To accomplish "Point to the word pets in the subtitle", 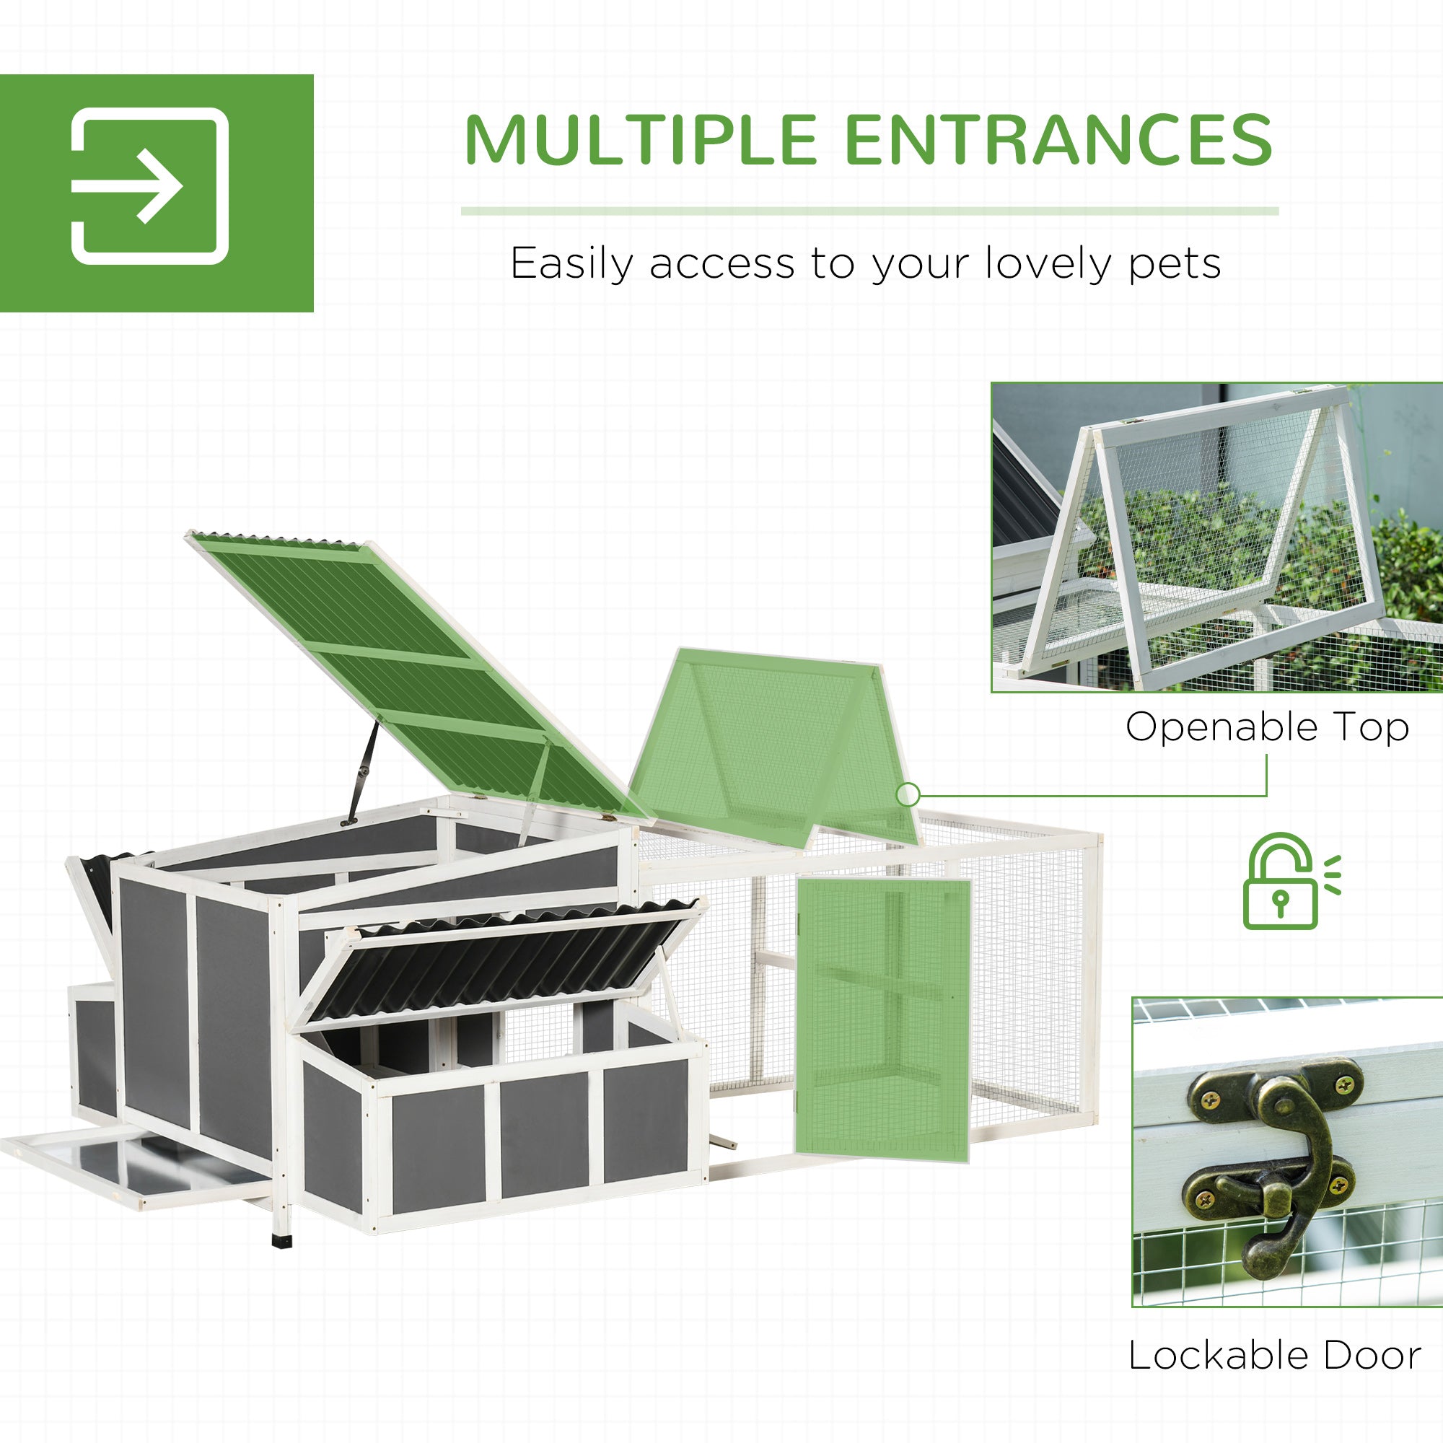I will tap(1174, 263).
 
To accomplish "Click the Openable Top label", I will tap(1267, 727).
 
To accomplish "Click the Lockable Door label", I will tap(1274, 1356).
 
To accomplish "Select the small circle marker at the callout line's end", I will tap(908, 794).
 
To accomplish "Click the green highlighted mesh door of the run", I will tap(882, 1019).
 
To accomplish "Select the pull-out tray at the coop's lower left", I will tap(134, 1169).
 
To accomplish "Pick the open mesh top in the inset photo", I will tap(1210, 538).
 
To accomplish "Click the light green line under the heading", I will tap(869, 211).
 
